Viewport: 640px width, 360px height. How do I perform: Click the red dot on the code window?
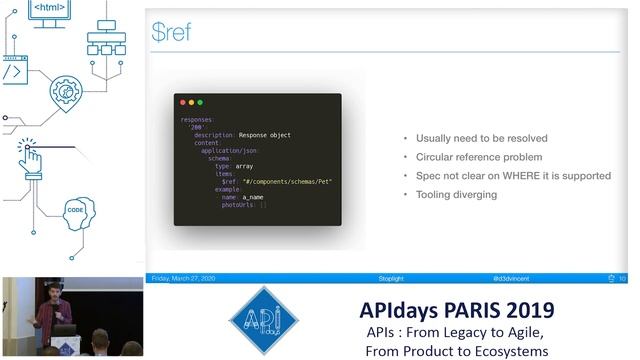pos(182,102)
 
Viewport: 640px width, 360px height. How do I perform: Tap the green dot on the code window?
pos(200,102)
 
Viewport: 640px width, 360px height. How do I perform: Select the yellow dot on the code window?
pos(191,102)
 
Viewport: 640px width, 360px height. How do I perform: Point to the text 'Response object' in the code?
pos(265,134)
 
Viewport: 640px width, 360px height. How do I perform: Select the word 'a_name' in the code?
pos(252,197)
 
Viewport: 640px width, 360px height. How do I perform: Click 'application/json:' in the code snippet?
pos(231,150)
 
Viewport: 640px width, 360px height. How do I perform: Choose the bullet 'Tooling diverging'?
pos(456,194)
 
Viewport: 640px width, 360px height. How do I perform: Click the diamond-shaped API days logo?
pos(264,322)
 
